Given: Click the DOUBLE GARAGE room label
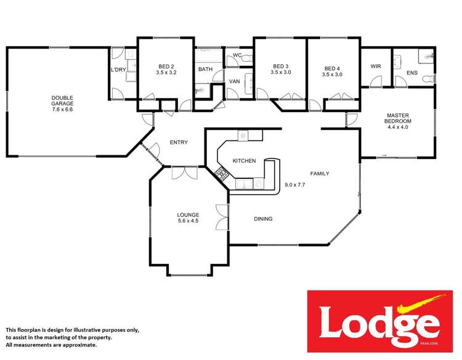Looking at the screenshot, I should (x=62, y=100).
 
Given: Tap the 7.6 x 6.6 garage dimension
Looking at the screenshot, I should (x=62, y=110).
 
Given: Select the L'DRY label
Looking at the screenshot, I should (x=118, y=70).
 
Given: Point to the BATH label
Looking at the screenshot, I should (x=205, y=69).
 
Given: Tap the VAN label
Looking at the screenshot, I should (x=235, y=81).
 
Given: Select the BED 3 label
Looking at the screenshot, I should (x=280, y=67).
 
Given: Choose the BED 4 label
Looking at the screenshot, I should (x=332, y=68).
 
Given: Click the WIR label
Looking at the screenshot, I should (x=376, y=67).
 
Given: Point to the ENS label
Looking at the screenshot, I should (x=412, y=73).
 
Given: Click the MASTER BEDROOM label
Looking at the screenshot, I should (x=399, y=118).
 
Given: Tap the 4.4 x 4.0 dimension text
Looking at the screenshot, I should (x=399, y=128).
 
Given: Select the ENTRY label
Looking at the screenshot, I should (x=179, y=142).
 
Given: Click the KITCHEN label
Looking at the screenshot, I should (x=244, y=161).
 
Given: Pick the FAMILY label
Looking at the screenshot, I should (x=319, y=174).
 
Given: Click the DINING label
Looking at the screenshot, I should (x=263, y=219).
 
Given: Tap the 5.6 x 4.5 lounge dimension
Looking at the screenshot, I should (x=188, y=221).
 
